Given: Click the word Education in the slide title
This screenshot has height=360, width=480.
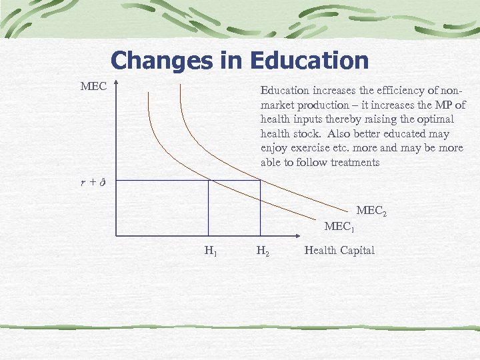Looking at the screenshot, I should point(309,61).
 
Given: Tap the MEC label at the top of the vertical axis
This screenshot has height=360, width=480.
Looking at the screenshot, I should point(93,87).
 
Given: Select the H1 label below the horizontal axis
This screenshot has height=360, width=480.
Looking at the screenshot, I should point(210,251).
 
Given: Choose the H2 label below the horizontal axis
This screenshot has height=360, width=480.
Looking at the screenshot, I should point(263,251).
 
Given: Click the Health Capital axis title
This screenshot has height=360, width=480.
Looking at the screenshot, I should point(339,251).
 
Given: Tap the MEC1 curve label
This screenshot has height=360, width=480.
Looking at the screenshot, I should point(339,227).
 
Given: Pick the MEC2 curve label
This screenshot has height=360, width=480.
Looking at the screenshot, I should point(371,211).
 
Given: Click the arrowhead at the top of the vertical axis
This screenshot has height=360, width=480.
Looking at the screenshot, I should point(115,84).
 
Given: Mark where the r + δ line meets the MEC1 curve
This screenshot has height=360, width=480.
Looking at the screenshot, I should point(208,180).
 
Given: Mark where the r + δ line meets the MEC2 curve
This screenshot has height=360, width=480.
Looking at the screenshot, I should point(260,180).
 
